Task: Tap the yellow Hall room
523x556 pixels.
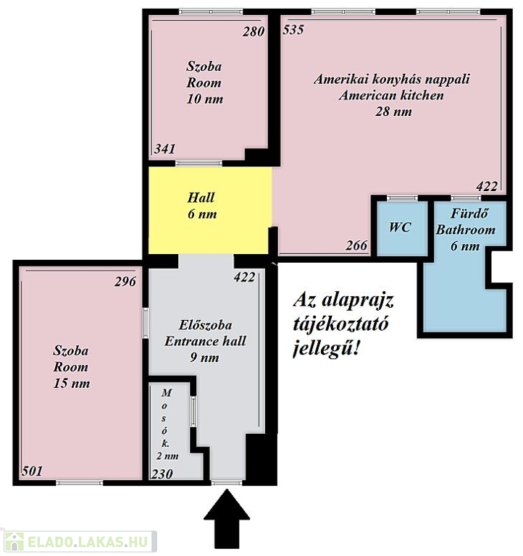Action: [209, 210]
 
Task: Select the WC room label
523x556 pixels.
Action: [400, 227]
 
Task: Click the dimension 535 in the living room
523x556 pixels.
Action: [293, 30]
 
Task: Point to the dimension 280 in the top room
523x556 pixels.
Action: [254, 32]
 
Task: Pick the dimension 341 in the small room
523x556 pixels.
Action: [164, 148]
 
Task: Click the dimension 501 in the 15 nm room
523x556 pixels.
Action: [32, 471]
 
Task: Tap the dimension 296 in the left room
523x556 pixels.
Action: [125, 282]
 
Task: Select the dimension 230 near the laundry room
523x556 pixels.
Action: [162, 473]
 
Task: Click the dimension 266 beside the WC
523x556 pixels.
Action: [356, 245]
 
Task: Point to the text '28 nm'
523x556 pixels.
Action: [393, 111]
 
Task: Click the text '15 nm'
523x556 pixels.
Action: [72, 383]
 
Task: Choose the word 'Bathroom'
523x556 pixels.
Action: [466, 229]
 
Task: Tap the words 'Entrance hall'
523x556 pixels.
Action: [205, 341]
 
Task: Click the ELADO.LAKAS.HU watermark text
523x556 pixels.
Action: [87, 542]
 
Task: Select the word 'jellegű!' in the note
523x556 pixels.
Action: [326, 349]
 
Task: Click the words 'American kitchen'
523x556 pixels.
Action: [391, 96]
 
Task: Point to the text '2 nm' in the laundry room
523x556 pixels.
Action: [167, 456]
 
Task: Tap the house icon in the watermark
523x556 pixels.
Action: [14, 542]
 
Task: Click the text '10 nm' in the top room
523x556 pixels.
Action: [205, 99]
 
